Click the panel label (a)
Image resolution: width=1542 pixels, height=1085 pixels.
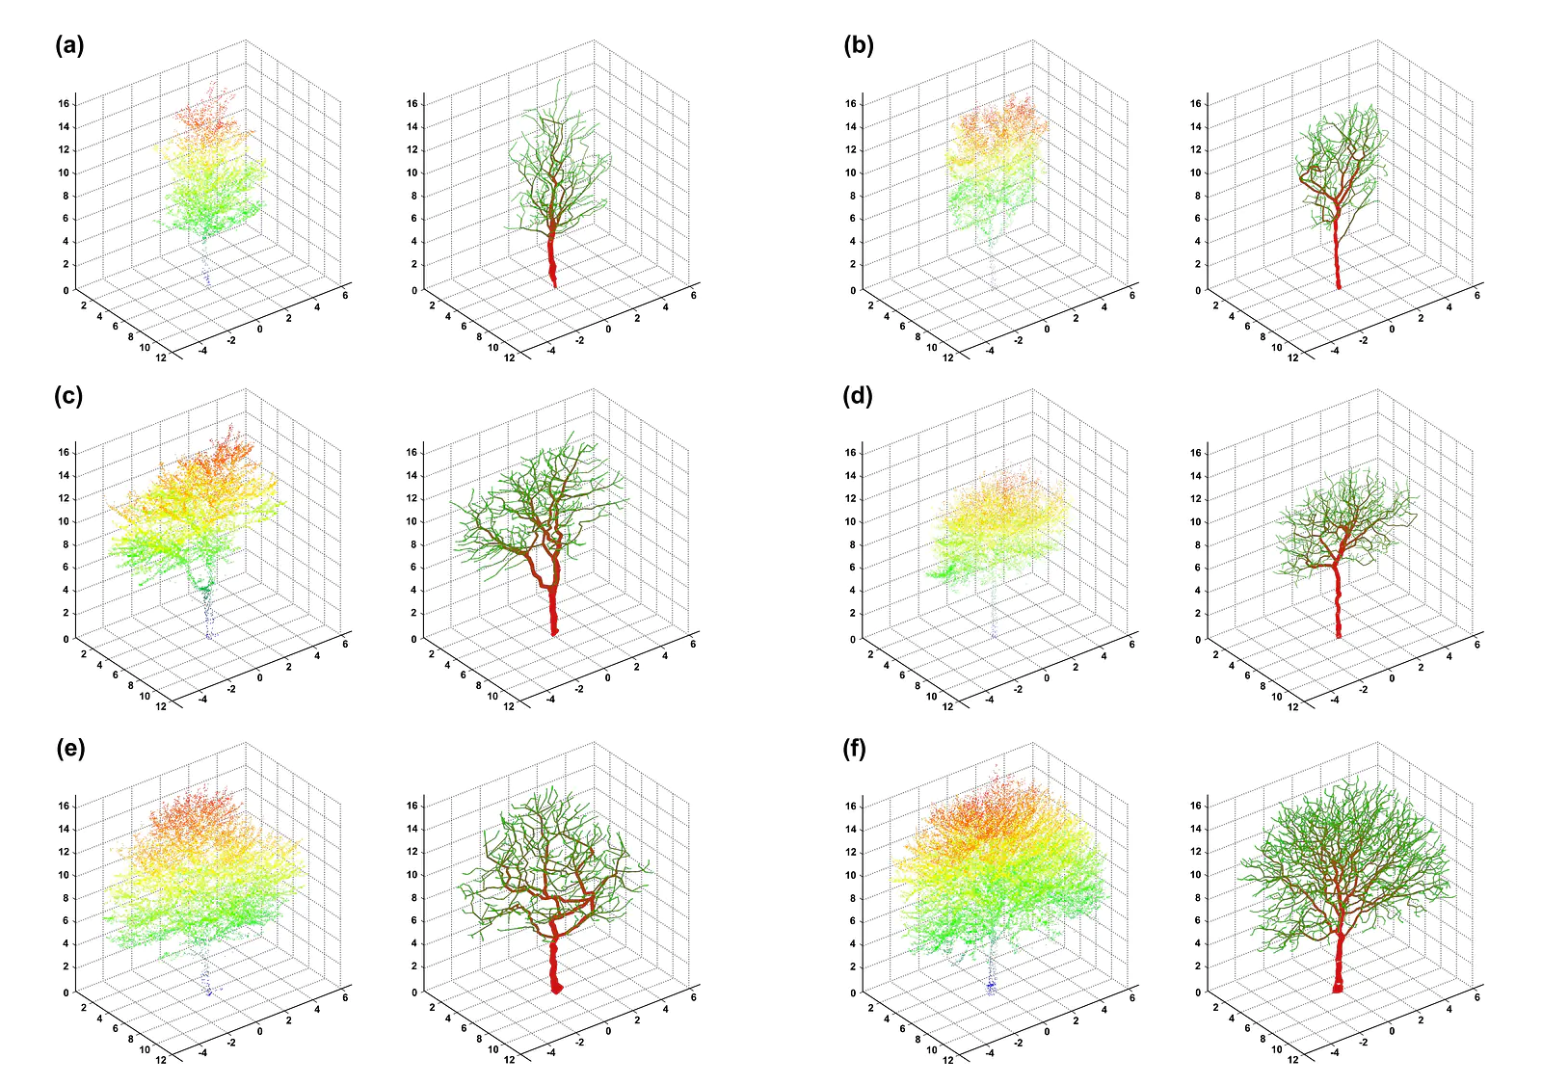(x=69, y=46)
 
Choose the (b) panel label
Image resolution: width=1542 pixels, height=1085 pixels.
(x=859, y=46)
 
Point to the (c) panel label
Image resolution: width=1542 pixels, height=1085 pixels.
(x=68, y=397)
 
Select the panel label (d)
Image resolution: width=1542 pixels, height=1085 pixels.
(x=858, y=397)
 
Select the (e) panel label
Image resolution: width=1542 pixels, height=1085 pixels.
(x=70, y=749)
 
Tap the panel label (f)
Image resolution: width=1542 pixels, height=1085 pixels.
(x=854, y=749)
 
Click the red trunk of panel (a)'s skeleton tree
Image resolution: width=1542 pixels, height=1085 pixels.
(x=552, y=261)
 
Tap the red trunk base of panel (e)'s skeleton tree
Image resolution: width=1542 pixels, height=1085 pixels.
(x=556, y=989)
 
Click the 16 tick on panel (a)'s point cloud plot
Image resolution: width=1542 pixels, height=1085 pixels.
(x=64, y=104)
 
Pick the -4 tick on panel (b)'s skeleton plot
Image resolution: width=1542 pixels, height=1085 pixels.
(x=1335, y=351)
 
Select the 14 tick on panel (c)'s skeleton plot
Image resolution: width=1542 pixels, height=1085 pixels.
(x=412, y=476)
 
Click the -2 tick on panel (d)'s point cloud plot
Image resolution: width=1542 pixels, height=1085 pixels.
(x=1018, y=689)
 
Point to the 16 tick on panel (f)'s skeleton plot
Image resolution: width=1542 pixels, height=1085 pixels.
(x=1195, y=806)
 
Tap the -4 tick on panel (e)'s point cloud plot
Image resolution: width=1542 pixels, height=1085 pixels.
(x=203, y=1052)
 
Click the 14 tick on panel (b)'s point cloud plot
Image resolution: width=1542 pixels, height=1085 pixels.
(x=851, y=126)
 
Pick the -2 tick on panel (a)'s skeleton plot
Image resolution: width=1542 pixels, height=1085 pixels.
(x=579, y=340)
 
